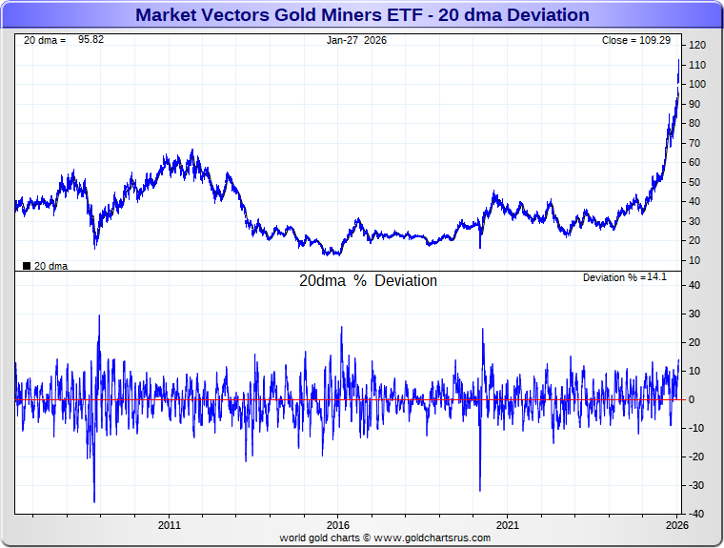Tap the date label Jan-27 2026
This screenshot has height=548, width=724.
click(357, 40)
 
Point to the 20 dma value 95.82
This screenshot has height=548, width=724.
click(96, 40)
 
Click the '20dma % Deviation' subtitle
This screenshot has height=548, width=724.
click(368, 281)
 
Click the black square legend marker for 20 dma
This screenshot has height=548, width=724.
click(26, 266)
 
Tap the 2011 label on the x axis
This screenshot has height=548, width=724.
click(170, 525)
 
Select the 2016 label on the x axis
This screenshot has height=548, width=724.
click(338, 525)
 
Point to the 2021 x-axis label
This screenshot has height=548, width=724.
click(508, 525)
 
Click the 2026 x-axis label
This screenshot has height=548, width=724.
click(676, 525)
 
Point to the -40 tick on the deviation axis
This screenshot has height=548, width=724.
click(695, 514)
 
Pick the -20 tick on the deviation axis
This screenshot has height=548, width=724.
click(695, 457)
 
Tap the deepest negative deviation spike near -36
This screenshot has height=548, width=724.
click(94, 501)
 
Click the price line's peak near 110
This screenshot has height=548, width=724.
click(678, 61)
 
